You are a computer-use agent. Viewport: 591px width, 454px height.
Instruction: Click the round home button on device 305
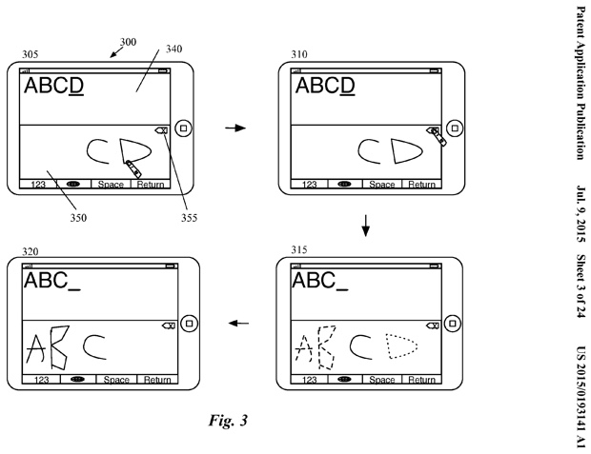(185, 126)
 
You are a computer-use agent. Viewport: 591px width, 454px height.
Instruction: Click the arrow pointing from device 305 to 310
(234, 127)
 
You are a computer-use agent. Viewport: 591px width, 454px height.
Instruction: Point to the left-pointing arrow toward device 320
(236, 325)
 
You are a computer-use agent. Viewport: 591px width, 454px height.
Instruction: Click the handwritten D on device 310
(405, 150)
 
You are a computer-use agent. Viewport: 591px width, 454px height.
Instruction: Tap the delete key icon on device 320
(166, 325)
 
